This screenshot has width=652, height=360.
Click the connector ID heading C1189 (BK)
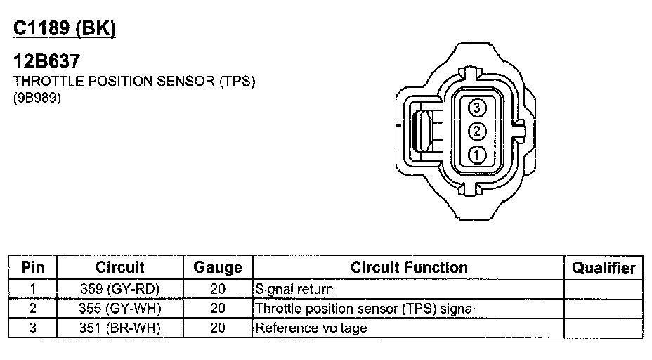[65, 29]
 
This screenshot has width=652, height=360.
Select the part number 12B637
[46, 61]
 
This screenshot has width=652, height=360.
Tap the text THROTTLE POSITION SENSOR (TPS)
[134, 81]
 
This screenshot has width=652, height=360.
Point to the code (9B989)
[37, 98]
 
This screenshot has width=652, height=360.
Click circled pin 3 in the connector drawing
[476, 108]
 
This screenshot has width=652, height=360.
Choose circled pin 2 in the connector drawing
[476, 131]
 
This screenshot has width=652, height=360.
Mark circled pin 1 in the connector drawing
[476, 155]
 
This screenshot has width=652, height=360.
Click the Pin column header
[33, 267]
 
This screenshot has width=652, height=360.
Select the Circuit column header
[119, 267]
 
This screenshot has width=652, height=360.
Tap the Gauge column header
[218, 268]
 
